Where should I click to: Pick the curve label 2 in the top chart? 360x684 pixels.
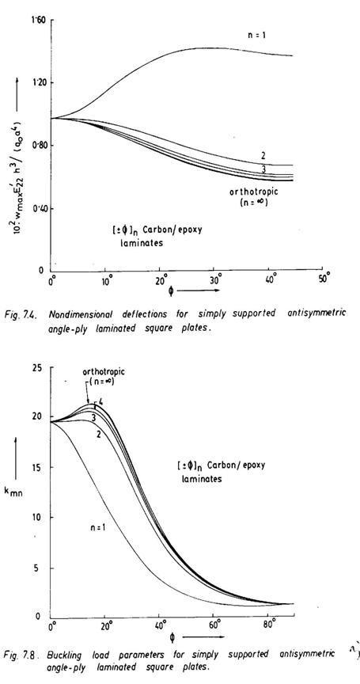pos(264,155)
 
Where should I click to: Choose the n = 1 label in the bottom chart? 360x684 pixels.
pos(97,527)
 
